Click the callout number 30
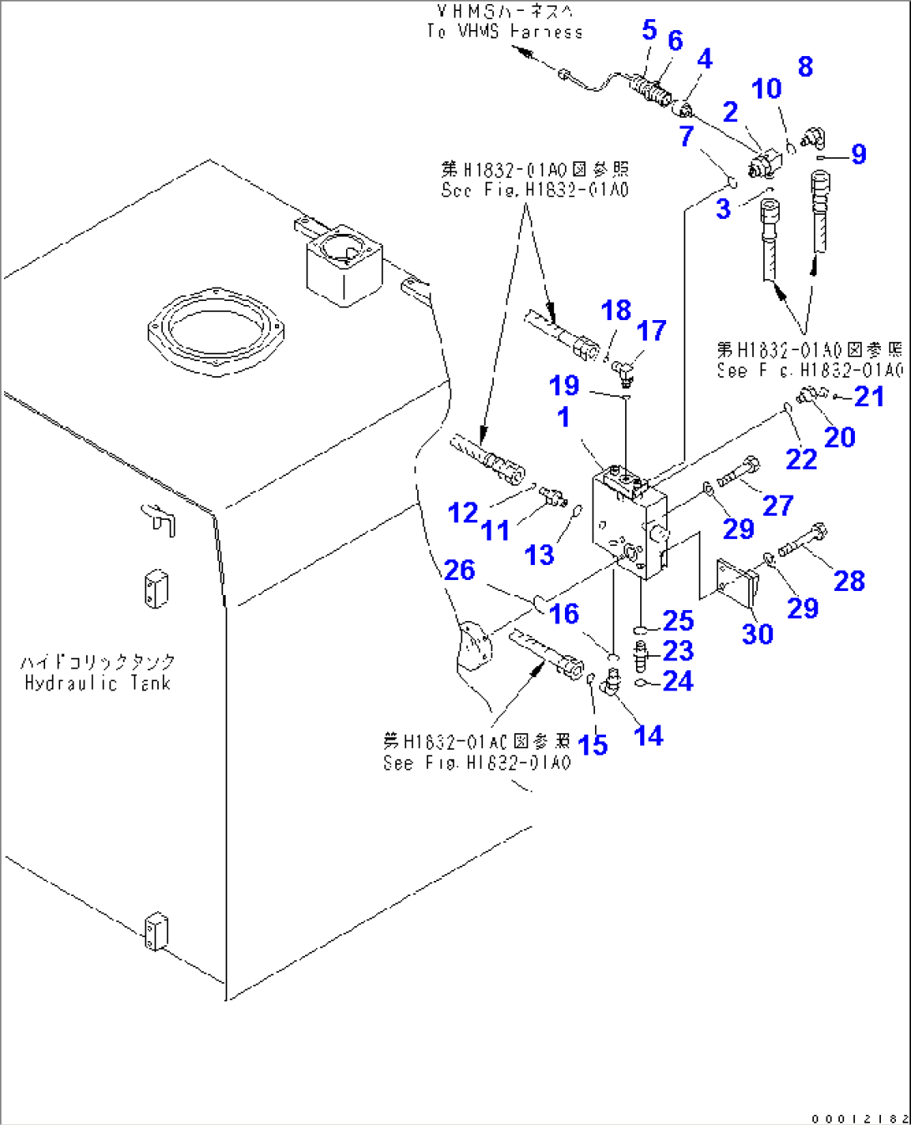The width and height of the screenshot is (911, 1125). tap(757, 634)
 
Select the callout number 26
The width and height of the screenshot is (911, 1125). tap(459, 570)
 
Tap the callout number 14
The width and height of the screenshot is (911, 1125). tap(648, 736)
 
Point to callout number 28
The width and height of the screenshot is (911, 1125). tap(848, 581)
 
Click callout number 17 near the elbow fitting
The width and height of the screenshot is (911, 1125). tap(651, 330)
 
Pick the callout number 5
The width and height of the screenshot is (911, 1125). tap(649, 30)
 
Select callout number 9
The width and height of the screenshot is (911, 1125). tap(858, 154)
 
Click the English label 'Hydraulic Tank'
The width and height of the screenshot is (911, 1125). tap(97, 683)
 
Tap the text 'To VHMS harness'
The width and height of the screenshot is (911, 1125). tap(504, 32)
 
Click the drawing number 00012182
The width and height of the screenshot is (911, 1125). tap(858, 1117)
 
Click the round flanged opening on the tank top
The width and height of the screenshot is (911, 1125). tap(216, 328)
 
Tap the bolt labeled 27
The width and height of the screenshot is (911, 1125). tap(739, 472)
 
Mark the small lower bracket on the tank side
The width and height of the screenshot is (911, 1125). tap(155, 931)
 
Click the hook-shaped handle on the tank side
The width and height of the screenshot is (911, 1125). tap(160, 519)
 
